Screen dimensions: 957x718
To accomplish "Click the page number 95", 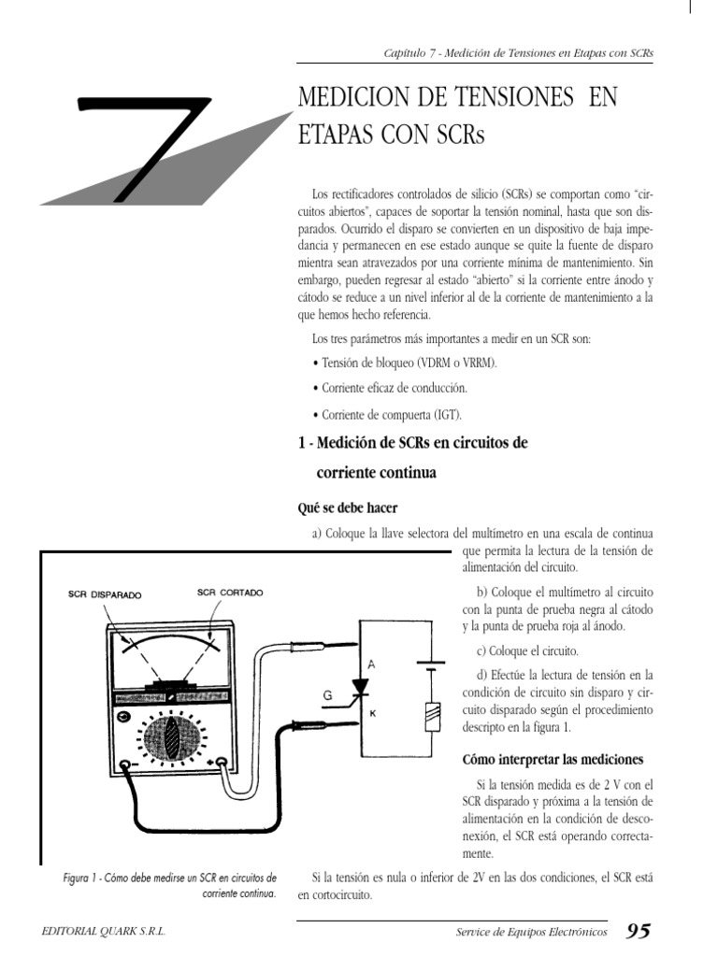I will coord(638,930).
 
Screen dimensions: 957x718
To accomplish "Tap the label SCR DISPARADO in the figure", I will coord(105,594).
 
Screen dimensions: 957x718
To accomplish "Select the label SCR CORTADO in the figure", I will coord(230,593).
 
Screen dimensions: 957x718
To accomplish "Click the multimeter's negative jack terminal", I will coord(123,764).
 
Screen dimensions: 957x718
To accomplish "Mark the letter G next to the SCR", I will coord(327,694).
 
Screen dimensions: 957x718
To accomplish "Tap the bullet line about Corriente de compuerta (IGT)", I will coord(385,414).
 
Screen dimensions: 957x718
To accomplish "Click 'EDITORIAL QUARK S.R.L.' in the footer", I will coord(105,932).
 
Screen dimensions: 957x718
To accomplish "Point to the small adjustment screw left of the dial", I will coord(123,717).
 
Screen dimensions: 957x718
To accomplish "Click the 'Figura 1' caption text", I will coord(168,885).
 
